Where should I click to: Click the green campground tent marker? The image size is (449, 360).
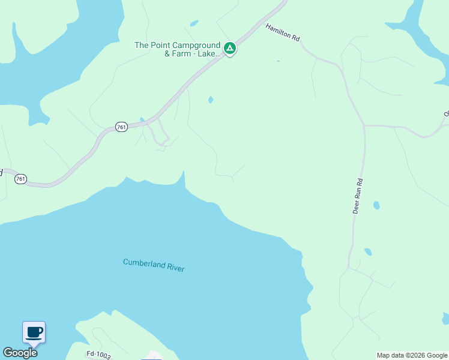pos(229,47)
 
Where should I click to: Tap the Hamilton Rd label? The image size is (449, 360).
pos(282,32)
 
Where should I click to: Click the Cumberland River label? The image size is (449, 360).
pos(154,265)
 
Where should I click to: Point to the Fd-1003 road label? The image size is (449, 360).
pos(98,355)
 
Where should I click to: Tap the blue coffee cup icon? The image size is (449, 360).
pos(34,331)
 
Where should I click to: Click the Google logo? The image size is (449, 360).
pos(20,353)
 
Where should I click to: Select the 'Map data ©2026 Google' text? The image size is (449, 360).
pos(412,355)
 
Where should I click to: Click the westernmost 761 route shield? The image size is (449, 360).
pos(21,179)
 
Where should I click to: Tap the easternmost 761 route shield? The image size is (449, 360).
pos(121,127)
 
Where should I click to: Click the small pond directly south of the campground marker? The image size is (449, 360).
pos(210,100)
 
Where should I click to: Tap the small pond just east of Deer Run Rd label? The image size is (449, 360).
pos(376,205)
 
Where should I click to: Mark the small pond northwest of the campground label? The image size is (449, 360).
pos(193,24)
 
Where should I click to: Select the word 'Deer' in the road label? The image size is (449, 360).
pos(356,208)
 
